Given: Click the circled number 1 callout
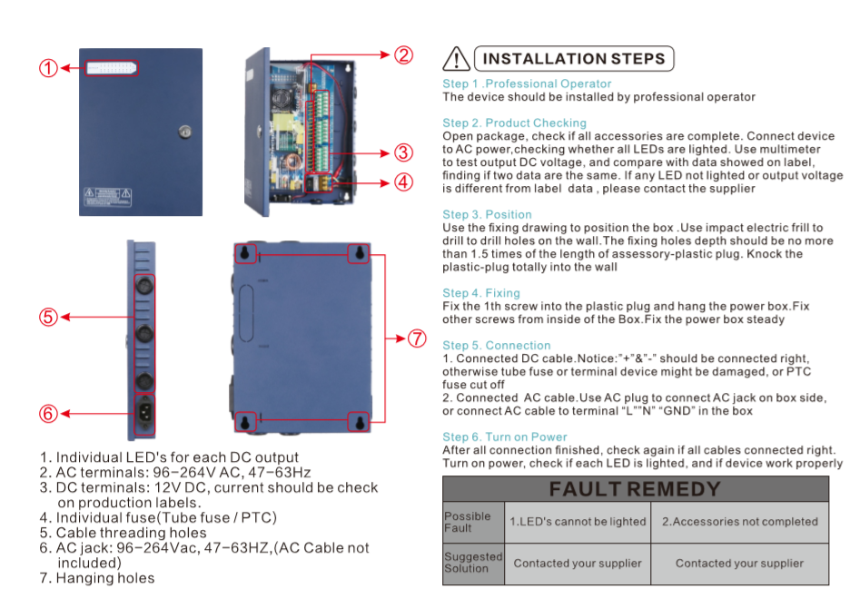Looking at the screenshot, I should (x=49, y=68).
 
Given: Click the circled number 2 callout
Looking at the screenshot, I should (x=403, y=55).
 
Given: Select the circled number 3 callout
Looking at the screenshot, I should (x=403, y=152).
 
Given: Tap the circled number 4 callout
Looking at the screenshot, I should (x=403, y=181).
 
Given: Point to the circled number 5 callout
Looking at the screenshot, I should (x=49, y=317).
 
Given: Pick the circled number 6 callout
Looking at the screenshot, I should (x=49, y=413).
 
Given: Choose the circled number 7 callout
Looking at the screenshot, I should (x=416, y=338).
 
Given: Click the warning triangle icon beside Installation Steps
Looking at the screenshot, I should (x=455, y=60).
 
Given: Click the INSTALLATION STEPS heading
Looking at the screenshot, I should (x=574, y=59).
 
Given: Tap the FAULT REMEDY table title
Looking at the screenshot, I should (x=635, y=490).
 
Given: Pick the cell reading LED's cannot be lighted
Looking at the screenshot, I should (x=578, y=522).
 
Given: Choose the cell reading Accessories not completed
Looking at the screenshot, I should (x=739, y=522).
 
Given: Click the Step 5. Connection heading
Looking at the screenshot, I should (x=497, y=346).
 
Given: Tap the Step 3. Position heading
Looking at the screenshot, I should (x=487, y=215).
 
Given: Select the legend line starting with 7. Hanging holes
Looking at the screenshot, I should (x=97, y=578).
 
